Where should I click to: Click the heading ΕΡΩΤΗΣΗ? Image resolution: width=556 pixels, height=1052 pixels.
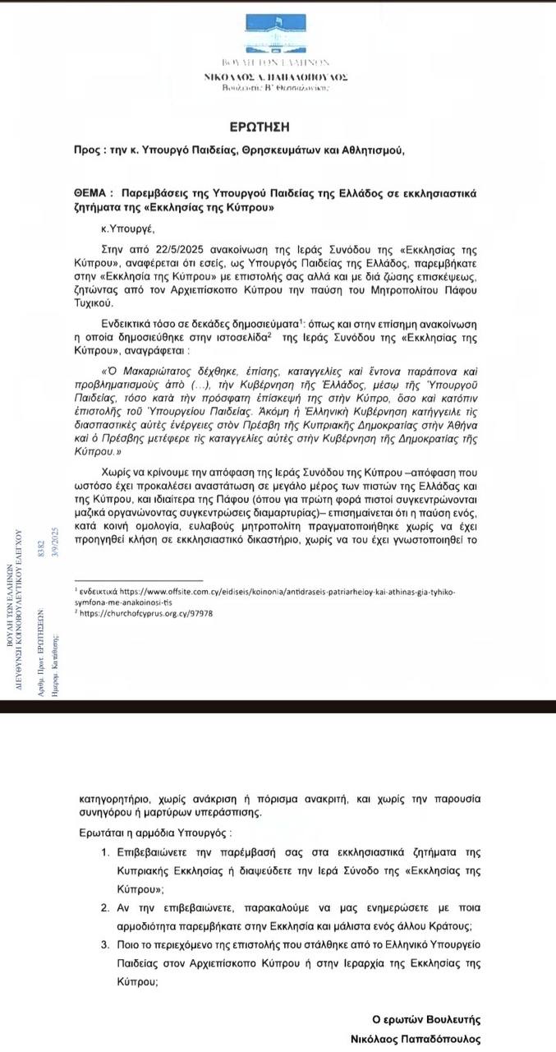(x=260, y=127)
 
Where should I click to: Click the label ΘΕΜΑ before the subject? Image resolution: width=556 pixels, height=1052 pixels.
(x=90, y=191)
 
